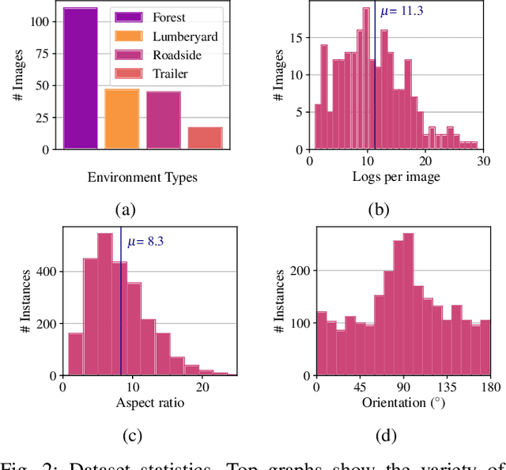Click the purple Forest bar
(x=81, y=78)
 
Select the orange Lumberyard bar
(x=122, y=118)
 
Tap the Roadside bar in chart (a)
(x=164, y=120)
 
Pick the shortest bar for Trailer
(x=205, y=137)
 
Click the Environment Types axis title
(x=143, y=177)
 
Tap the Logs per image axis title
(x=395, y=177)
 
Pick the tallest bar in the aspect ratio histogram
(x=104, y=304)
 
